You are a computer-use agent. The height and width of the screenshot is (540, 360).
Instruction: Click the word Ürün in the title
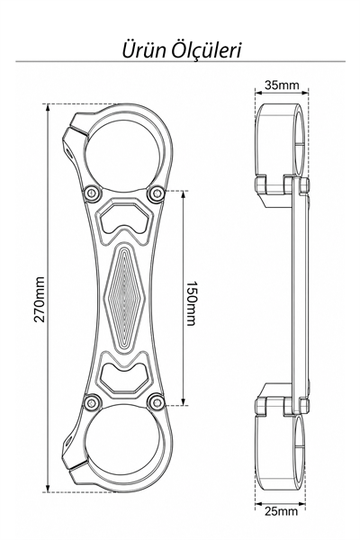pyautogui.click(x=144, y=49)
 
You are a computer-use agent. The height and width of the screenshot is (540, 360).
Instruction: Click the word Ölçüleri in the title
pyautogui.click(x=207, y=50)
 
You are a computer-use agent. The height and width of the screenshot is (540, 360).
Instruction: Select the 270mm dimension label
pyautogui.click(x=40, y=300)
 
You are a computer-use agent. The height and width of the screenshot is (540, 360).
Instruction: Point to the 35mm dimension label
pyautogui.click(x=282, y=85)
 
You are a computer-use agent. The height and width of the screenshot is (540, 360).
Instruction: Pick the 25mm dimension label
pyautogui.click(x=281, y=511)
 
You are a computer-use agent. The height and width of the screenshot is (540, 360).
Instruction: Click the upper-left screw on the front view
pyautogui.click(x=93, y=193)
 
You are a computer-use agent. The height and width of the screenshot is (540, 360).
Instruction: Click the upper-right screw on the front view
pyautogui.click(x=156, y=193)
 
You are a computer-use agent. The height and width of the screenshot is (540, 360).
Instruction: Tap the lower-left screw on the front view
pyautogui.click(x=93, y=402)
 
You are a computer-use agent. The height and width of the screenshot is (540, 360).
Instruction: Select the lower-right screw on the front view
pyautogui.click(x=156, y=402)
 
